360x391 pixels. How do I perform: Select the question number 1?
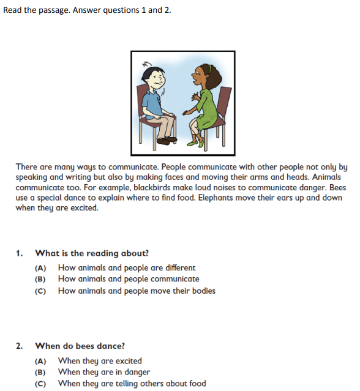click(x=20, y=253)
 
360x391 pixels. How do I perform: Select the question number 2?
click(x=20, y=346)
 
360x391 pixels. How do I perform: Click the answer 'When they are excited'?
click(x=100, y=361)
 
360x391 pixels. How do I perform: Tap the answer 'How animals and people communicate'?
click(x=129, y=279)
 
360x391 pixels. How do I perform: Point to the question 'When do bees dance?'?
click(x=80, y=346)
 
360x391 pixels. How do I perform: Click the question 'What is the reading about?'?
click(x=92, y=253)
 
